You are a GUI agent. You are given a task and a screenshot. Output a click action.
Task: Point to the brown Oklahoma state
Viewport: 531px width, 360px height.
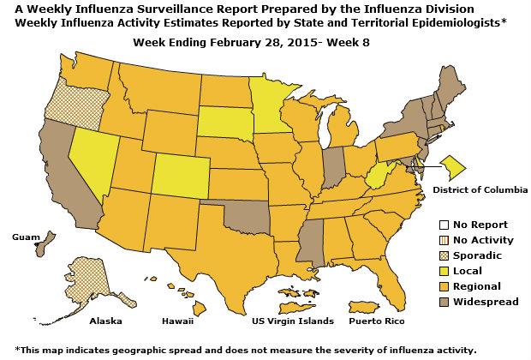248,214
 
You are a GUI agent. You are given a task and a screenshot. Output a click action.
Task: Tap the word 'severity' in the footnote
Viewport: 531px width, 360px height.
354,350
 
